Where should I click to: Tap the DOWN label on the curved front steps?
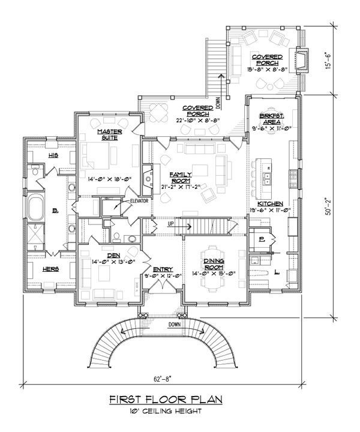click(x=175, y=325)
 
